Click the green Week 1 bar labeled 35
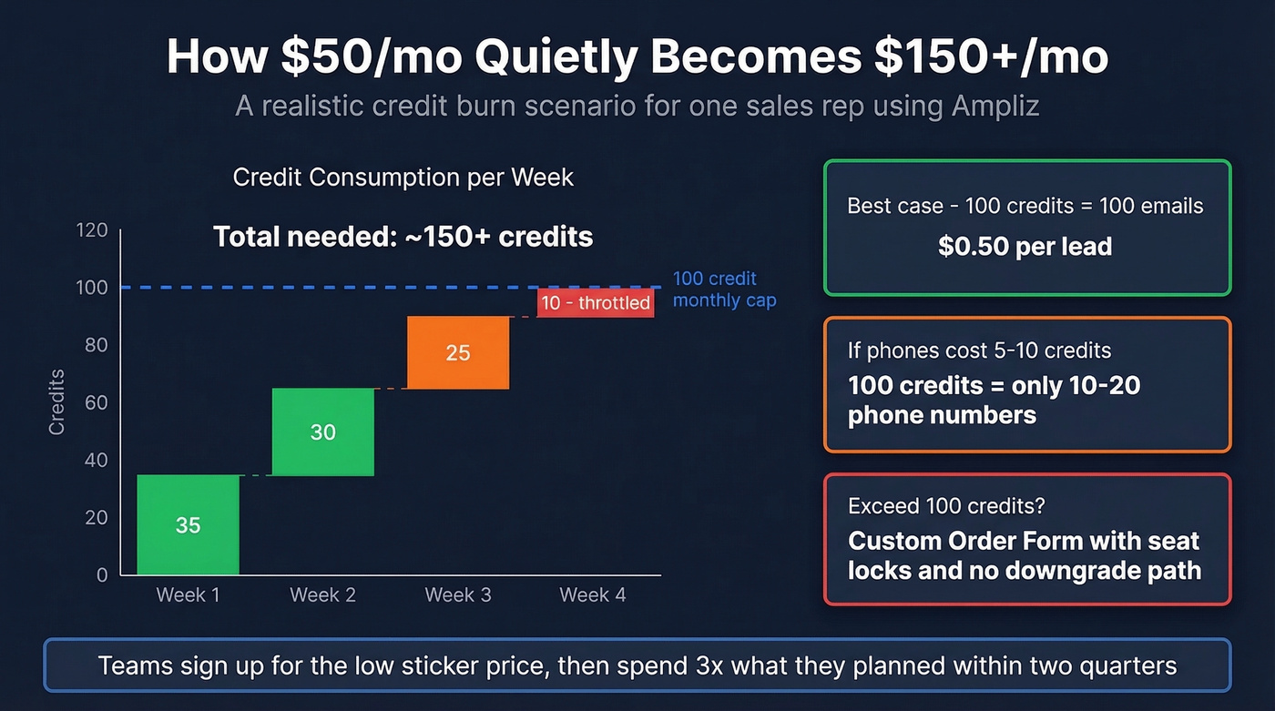pyautogui.click(x=188, y=525)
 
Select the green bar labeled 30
pyautogui.click(x=323, y=432)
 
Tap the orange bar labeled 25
pyautogui.click(x=458, y=352)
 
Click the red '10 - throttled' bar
pyautogui.click(x=596, y=303)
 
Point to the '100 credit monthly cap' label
pyautogui.click(x=723, y=289)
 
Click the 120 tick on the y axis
pyautogui.click(x=91, y=230)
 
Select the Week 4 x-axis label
pyautogui.click(x=592, y=595)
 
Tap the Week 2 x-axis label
pyautogui.click(x=322, y=595)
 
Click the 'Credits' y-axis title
pyautogui.click(x=57, y=401)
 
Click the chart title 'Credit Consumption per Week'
pyautogui.click(x=403, y=177)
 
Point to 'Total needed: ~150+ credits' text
pyautogui.click(x=403, y=238)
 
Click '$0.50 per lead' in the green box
pyautogui.click(x=1025, y=246)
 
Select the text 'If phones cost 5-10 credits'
pyautogui.click(x=979, y=350)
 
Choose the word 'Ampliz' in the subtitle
pyautogui.click(x=995, y=106)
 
